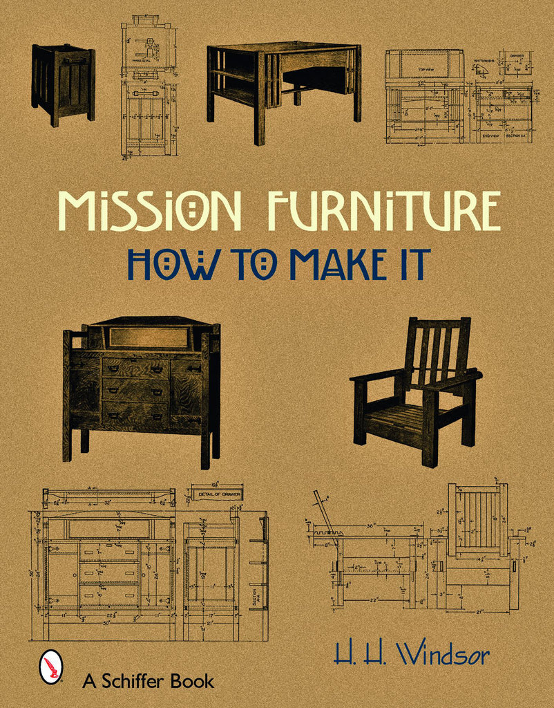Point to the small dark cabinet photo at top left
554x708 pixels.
(x=63, y=83)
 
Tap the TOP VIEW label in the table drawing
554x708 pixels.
(x=423, y=70)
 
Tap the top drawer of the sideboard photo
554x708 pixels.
(x=135, y=368)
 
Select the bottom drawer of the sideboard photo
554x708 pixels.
(x=135, y=415)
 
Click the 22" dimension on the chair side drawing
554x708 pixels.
(x=373, y=599)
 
